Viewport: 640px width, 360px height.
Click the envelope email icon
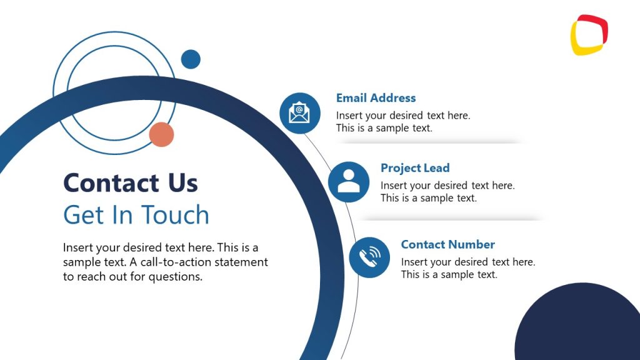click(299, 113)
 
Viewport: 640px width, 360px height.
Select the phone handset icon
click(369, 257)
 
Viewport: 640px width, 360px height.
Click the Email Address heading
click(376, 98)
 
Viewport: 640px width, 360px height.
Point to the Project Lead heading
click(415, 168)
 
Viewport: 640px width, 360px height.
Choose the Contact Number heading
click(447, 244)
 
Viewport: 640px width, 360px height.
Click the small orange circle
click(161, 134)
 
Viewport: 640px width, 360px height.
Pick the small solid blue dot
click(191, 59)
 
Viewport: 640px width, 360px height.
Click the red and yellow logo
click(589, 35)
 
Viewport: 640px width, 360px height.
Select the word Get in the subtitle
click(82, 215)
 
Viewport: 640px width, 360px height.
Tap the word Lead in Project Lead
click(437, 168)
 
